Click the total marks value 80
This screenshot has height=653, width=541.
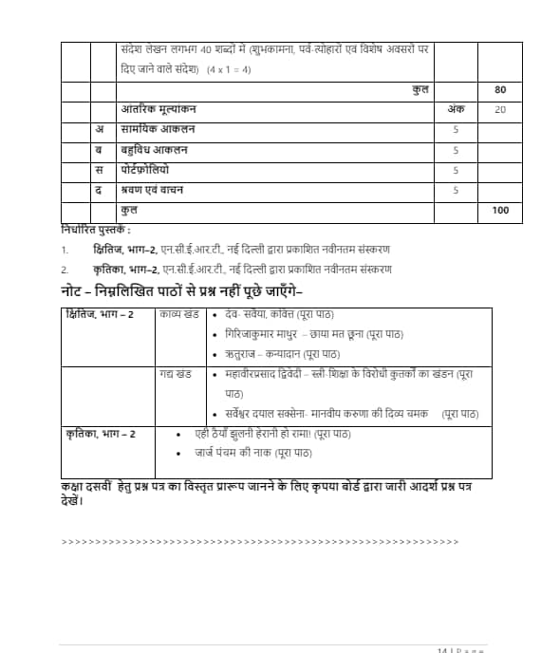pyautogui.click(x=500, y=90)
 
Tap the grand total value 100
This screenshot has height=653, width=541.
pyautogui.click(x=500, y=210)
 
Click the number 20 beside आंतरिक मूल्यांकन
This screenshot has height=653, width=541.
pyautogui.click(x=500, y=110)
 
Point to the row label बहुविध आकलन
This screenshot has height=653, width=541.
pyautogui.click(x=155, y=150)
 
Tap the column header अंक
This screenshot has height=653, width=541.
pyautogui.click(x=456, y=110)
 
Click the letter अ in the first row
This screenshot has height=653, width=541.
pyautogui.click(x=100, y=130)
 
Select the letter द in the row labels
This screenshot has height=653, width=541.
pyautogui.click(x=100, y=190)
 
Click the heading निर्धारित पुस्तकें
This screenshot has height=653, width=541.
pyautogui.click(x=95, y=230)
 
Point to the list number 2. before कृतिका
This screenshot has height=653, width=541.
pyautogui.click(x=65, y=270)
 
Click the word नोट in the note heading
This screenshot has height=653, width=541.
pyautogui.click(x=73, y=290)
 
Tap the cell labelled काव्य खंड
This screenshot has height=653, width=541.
pyautogui.click(x=179, y=314)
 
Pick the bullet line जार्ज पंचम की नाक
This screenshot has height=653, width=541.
pyautogui.click(x=233, y=454)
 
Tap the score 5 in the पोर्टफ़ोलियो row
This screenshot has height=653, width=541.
pyautogui.click(x=456, y=170)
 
